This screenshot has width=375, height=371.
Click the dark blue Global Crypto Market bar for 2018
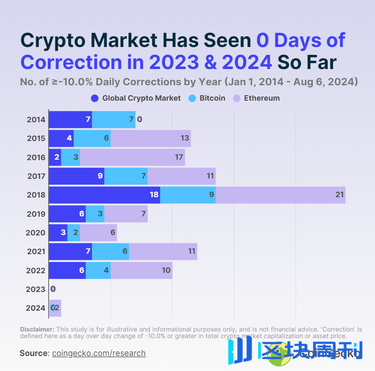click(104, 195)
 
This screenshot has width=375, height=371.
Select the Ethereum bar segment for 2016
click(132, 157)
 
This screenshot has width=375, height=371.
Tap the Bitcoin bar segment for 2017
click(126, 176)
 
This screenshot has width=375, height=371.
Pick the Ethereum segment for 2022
click(141, 270)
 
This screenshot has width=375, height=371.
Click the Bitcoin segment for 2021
click(110, 251)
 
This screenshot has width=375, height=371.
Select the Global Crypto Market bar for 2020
click(58, 232)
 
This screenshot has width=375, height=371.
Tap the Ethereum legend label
click(261, 99)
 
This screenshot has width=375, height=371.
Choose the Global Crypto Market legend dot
click(94, 99)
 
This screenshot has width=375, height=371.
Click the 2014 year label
click(36, 120)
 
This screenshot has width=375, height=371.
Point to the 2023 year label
click(35, 289)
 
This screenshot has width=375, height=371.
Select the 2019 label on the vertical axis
click(36, 214)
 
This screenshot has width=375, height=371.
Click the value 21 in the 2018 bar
click(340, 195)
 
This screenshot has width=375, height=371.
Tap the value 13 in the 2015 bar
click(185, 138)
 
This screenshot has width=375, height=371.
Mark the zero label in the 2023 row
click(53, 289)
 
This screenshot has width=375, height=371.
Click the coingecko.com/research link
click(99, 354)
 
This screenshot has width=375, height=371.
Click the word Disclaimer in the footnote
click(37, 329)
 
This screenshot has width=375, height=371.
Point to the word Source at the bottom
click(34, 354)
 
